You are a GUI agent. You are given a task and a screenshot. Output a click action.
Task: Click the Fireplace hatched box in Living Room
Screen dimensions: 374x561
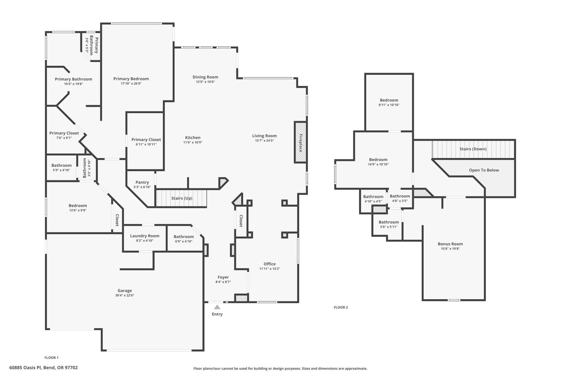[300, 142]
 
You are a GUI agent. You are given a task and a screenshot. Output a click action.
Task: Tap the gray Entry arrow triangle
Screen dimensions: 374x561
[217, 307]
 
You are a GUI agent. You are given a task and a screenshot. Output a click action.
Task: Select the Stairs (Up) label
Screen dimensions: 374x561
[182, 198]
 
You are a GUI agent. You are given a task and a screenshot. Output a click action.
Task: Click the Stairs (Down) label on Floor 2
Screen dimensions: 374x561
[473, 149]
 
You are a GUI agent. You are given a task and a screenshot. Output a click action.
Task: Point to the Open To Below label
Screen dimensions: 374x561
[484, 170]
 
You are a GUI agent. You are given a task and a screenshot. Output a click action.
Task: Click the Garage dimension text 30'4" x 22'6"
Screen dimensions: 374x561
[125, 295]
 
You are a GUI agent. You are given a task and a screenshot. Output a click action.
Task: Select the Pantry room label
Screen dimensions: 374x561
[142, 182]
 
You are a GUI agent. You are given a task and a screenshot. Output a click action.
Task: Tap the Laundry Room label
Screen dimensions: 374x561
[145, 236]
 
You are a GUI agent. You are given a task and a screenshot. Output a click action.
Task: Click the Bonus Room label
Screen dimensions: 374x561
[450, 244]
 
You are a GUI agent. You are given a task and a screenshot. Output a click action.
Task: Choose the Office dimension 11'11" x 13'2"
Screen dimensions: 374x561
[270, 269]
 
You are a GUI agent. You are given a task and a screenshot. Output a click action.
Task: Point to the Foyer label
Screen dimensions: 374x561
[223, 277]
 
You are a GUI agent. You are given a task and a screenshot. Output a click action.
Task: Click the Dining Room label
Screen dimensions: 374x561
[205, 77]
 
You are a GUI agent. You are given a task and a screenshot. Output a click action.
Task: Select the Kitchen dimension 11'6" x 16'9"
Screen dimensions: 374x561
[193, 142]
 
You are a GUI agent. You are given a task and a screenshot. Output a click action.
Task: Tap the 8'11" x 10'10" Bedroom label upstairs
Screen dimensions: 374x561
[389, 100]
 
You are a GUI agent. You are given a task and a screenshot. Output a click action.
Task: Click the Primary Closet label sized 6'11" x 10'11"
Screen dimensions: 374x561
[146, 140]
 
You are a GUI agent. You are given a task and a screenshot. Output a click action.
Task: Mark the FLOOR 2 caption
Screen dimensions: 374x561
[341, 307]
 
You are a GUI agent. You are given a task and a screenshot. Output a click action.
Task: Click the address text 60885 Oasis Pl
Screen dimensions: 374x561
[43, 368]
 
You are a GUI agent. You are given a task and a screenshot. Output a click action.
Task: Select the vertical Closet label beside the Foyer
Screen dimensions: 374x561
[241, 221]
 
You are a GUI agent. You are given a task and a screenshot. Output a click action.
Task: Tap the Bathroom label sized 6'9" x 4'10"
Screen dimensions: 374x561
[184, 237]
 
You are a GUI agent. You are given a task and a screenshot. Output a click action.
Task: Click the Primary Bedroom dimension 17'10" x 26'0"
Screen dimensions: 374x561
[131, 84]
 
